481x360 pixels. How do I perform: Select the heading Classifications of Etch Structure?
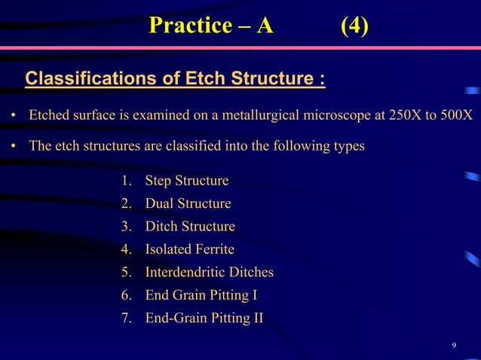pyautogui.click(x=176, y=78)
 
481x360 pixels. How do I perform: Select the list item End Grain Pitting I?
pyautogui.click(x=195, y=294)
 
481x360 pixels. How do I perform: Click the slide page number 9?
pyautogui.click(x=453, y=346)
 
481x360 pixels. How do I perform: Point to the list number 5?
pyautogui.click(x=125, y=272)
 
